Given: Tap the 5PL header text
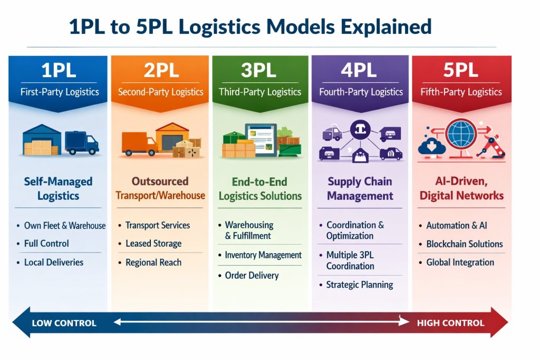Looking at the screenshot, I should [x=460, y=71].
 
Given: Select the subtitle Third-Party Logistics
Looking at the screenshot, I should [x=260, y=92].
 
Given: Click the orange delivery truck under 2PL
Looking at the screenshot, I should [x=139, y=143].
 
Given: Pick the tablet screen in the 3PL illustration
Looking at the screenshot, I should [x=261, y=139].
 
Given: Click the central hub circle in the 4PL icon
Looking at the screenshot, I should [x=361, y=130].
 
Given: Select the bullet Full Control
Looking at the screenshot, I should [x=46, y=244].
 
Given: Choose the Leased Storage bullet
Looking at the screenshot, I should [x=153, y=244].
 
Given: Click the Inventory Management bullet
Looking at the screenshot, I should [x=263, y=255].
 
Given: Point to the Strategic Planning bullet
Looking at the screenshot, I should [x=360, y=285].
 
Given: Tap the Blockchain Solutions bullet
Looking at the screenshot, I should [x=465, y=244].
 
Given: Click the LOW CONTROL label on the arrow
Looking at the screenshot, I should [x=64, y=323].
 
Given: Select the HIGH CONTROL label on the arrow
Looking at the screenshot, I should [x=450, y=323].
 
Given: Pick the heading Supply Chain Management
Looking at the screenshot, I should [x=360, y=189].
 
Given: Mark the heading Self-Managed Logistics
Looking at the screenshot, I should [x=58, y=189].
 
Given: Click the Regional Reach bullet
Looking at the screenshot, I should [x=153, y=262].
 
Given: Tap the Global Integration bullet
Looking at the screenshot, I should [x=460, y=262].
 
